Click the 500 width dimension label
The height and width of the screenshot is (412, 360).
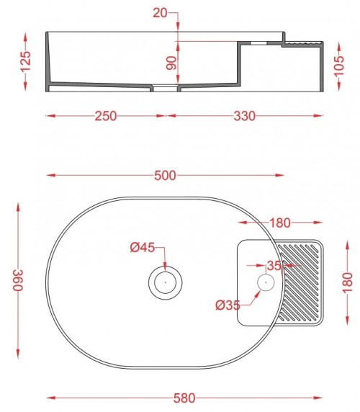[x=166, y=175]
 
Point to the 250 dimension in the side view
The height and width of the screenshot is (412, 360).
[x=106, y=115]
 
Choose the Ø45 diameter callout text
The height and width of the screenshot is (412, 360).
[x=143, y=248]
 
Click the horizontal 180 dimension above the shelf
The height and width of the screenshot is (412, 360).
[x=280, y=221]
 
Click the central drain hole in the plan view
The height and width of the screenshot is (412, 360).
[x=165, y=282]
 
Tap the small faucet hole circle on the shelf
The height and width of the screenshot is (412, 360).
[x=266, y=282]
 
